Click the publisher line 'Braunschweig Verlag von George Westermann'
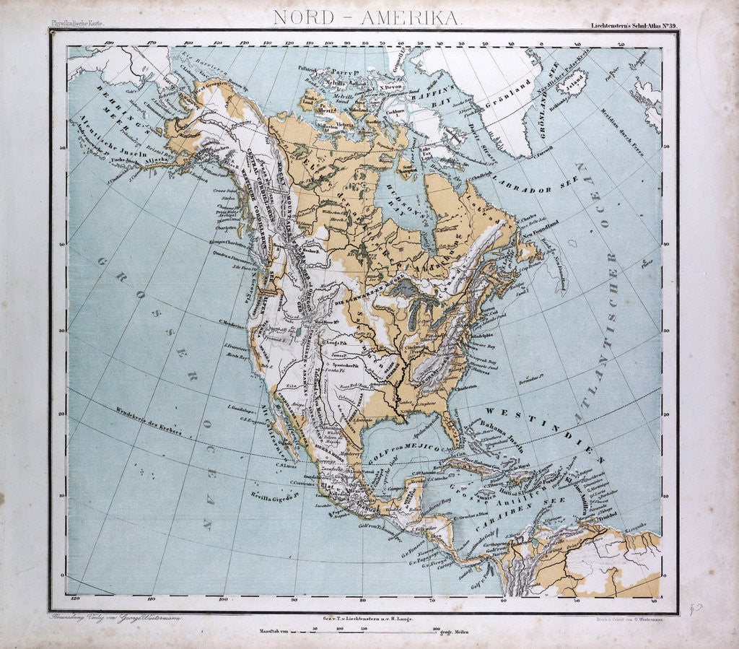pos(115,619)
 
